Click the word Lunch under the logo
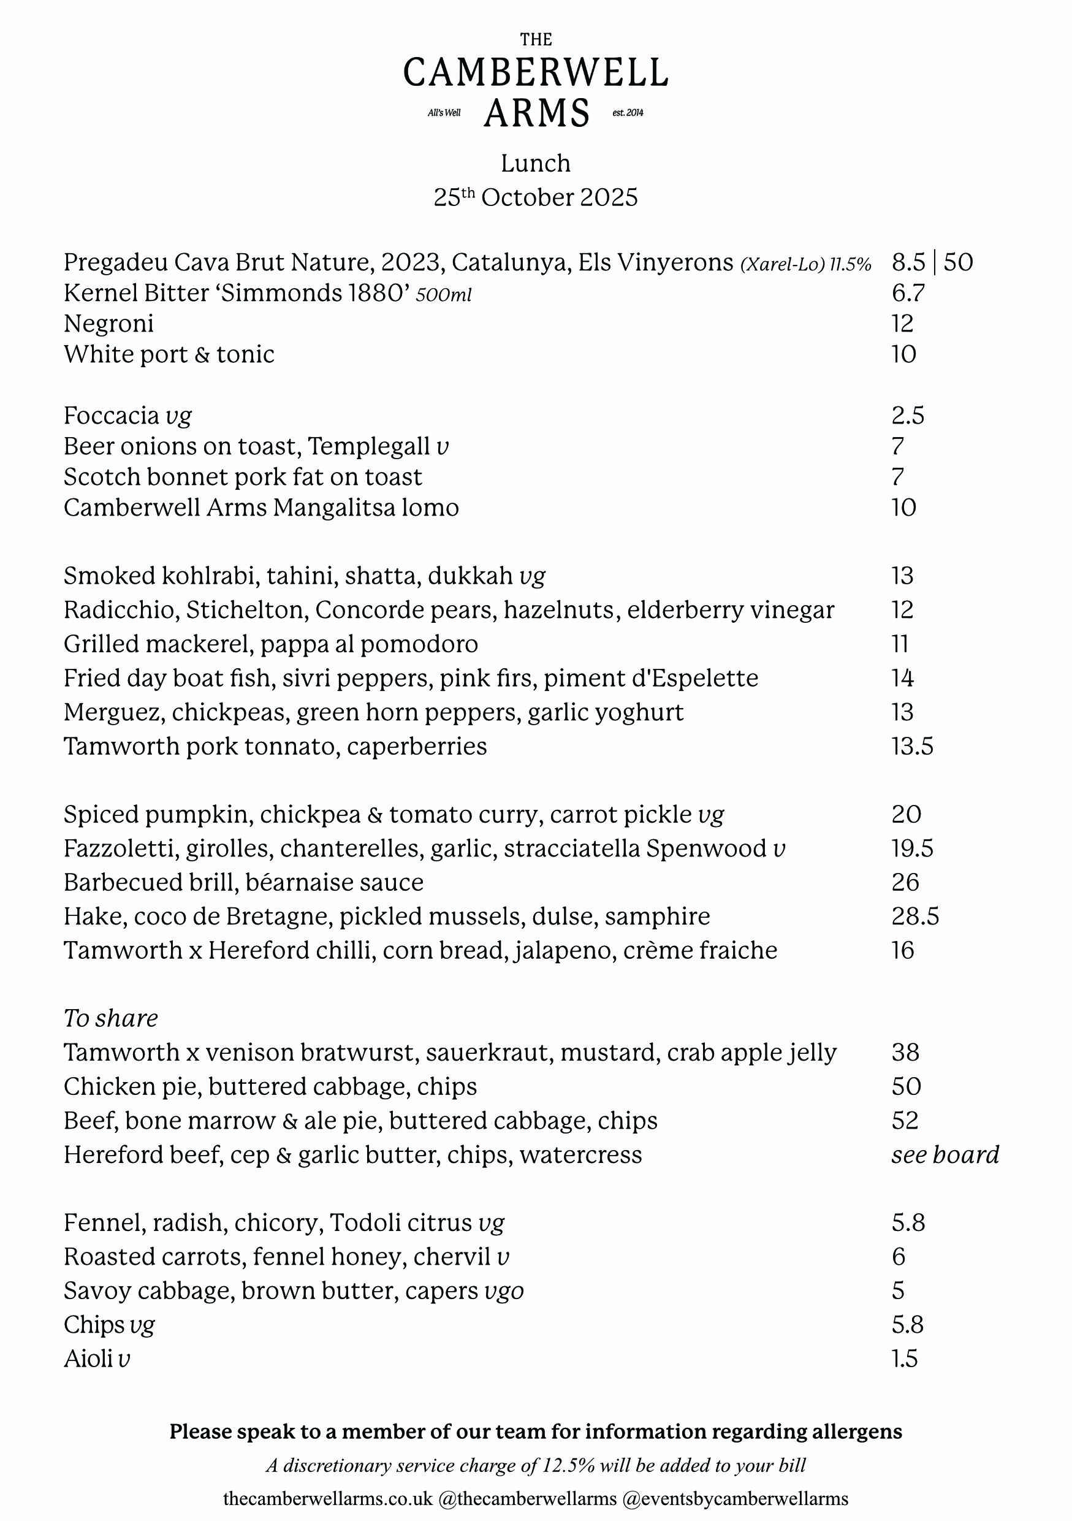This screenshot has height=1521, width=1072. [x=535, y=164]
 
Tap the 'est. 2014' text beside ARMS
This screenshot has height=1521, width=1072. [x=628, y=113]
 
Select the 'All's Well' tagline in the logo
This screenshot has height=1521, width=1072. [x=444, y=113]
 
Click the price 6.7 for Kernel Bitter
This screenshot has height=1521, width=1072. [x=908, y=293]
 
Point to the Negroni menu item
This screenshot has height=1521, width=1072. [x=108, y=324]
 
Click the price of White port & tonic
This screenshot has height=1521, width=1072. [x=904, y=354]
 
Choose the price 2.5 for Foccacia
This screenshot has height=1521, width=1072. [x=908, y=416]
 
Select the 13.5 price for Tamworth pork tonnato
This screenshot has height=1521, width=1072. [x=913, y=747]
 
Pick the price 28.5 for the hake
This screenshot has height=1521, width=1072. [x=915, y=917]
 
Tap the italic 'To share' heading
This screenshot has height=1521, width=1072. [x=110, y=1018]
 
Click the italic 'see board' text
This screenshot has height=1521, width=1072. [x=945, y=1154]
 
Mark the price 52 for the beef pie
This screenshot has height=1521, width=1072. [x=905, y=1121]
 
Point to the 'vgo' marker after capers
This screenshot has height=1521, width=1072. [x=504, y=1291]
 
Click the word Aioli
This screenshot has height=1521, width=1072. [x=88, y=1359]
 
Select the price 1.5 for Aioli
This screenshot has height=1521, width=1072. [x=905, y=1359]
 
